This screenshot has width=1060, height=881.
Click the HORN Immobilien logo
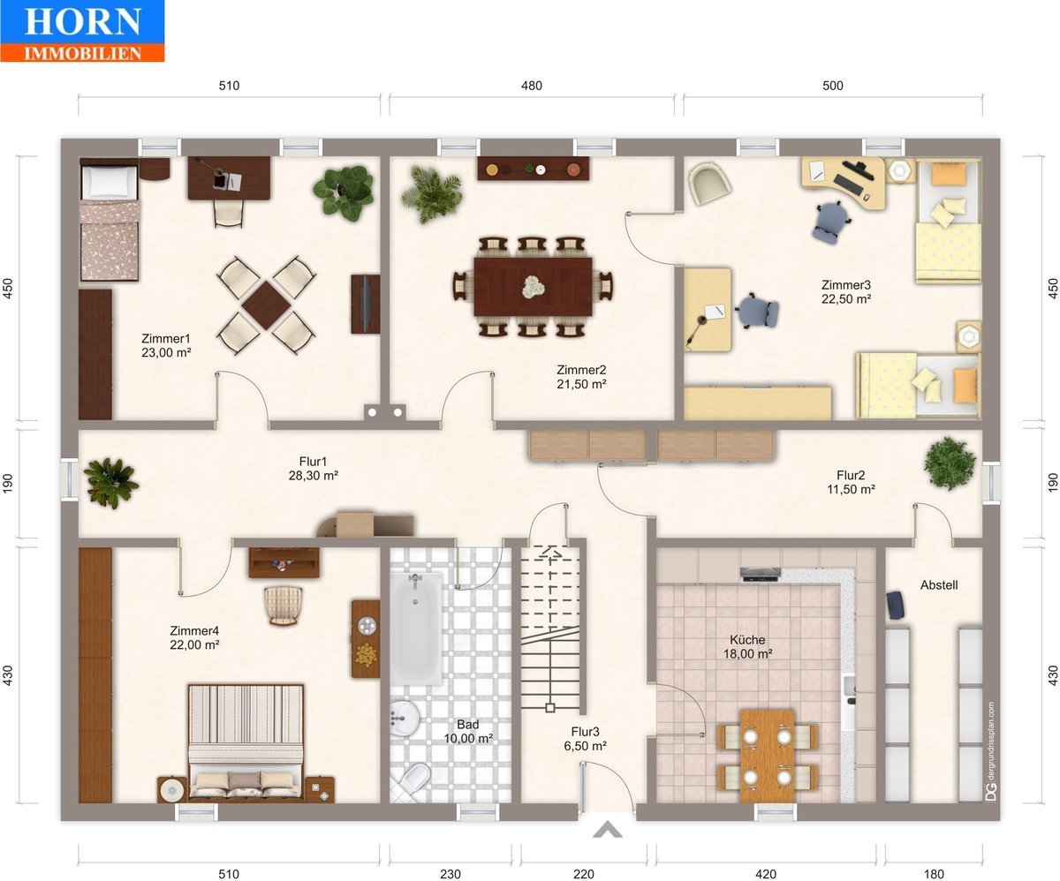point(82,31)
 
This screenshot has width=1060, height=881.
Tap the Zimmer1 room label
point(165,338)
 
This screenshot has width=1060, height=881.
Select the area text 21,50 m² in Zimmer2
point(581,384)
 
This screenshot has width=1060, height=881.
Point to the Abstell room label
point(939,585)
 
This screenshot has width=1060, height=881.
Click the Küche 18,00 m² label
point(747,646)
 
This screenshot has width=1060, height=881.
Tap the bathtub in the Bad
point(416,629)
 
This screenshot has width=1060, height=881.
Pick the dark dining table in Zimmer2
point(533,287)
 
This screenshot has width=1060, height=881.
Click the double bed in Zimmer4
point(246,742)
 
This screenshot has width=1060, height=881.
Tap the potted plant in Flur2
point(950,463)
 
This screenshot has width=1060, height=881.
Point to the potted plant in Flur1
point(110,483)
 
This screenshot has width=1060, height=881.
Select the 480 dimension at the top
point(532,86)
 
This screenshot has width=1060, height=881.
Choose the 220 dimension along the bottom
point(583,874)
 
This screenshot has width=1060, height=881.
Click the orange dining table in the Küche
point(767,756)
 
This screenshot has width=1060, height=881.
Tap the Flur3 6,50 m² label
point(585,739)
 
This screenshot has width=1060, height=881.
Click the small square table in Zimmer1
point(266,305)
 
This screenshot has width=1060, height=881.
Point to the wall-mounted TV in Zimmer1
point(366,304)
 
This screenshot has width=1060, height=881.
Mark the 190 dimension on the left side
point(8,483)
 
